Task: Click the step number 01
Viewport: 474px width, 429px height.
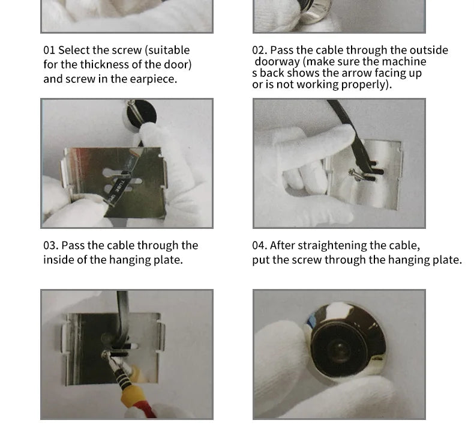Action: [49, 50]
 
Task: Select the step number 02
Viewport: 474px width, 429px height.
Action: [259, 50]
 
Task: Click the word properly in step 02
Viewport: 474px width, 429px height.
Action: [367, 85]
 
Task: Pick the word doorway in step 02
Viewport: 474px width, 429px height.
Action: [277, 61]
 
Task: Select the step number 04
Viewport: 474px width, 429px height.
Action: [260, 245]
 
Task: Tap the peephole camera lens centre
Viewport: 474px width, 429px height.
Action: [340, 347]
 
